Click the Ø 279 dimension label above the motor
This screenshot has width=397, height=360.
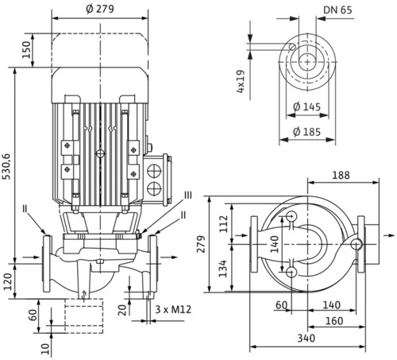[100, 9]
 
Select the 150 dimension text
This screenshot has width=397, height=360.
[26, 49]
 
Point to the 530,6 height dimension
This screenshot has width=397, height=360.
[7, 166]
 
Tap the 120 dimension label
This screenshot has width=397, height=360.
[8, 281]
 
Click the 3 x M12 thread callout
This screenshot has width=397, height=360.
[173, 309]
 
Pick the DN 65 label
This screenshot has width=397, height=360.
[337, 10]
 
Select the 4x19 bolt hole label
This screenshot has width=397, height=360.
[241, 81]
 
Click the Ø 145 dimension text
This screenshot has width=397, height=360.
[307, 106]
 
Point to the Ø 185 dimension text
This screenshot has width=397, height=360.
[307, 132]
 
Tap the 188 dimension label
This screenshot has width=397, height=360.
[341, 175]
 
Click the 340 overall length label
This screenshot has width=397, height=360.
[306, 339]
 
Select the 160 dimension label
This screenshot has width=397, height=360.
[334, 321]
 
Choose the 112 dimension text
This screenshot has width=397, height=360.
[224, 224]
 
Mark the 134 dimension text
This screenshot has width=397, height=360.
[223, 269]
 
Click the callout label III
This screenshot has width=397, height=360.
[188, 195]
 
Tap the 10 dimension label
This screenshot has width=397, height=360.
[46, 349]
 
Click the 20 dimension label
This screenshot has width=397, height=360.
[122, 310]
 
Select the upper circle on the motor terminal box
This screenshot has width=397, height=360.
[154, 171]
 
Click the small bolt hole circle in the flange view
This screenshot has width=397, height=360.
[292, 46]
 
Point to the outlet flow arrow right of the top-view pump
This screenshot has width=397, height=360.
[388, 235]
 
